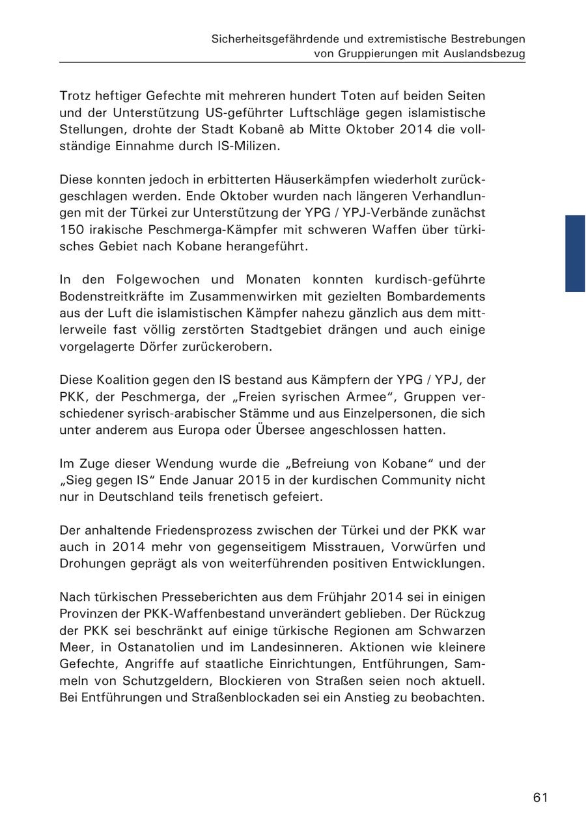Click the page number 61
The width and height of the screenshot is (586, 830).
click(x=540, y=797)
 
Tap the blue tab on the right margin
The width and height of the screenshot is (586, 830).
click(x=575, y=253)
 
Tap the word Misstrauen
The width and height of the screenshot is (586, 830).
click(x=325, y=547)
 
